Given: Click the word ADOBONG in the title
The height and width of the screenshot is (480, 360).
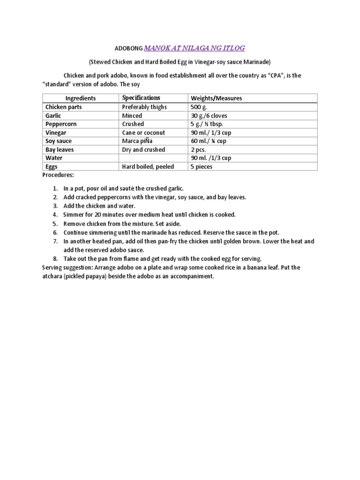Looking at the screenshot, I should pyautogui.click(x=128, y=48).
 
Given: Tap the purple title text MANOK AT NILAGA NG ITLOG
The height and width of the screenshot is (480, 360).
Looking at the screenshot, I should pyautogui.click(x=194, y=48).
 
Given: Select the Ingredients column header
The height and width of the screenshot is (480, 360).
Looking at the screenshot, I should pyautogui.click(x=81, y=98).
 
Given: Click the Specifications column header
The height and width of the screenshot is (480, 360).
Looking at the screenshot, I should pyautogui.click(x=141, y=98).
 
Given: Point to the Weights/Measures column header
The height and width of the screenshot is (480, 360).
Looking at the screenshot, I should pyautogui.click(x=216, y=98).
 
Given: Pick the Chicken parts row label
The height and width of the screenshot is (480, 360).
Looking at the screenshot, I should pyautogui.click(x=63, y=107).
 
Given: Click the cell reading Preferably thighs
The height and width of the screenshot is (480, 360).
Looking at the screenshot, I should pyautogui.click(x=144, y=107).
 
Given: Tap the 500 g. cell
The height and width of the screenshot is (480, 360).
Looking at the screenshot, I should pyautogui.click(x=198, y=107).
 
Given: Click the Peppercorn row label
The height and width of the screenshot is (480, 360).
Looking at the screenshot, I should pyautogui.click(x=61, y=124).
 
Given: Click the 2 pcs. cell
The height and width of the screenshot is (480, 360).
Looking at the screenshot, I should pyautogui.click(x=198, y=150).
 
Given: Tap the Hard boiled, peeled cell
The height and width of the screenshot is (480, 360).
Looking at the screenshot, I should pyautogui.click(x=148, y=166).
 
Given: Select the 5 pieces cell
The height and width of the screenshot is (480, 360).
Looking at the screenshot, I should pyautogui.click(x=202, y=166).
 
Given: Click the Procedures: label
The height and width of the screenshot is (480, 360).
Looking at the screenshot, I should pyautogui.click(x=58, y=175).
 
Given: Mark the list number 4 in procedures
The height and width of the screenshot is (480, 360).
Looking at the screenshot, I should pyautogui.click(x=55, y=215).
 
